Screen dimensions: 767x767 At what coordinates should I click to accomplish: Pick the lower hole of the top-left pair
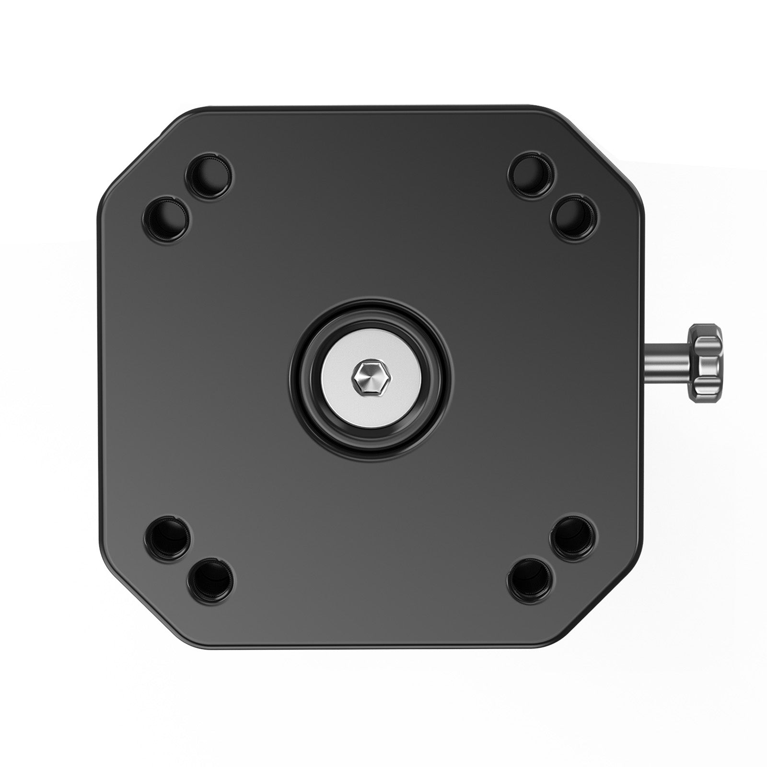tap(167, 218)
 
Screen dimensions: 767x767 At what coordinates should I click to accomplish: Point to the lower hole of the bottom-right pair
tap(532, 580)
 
